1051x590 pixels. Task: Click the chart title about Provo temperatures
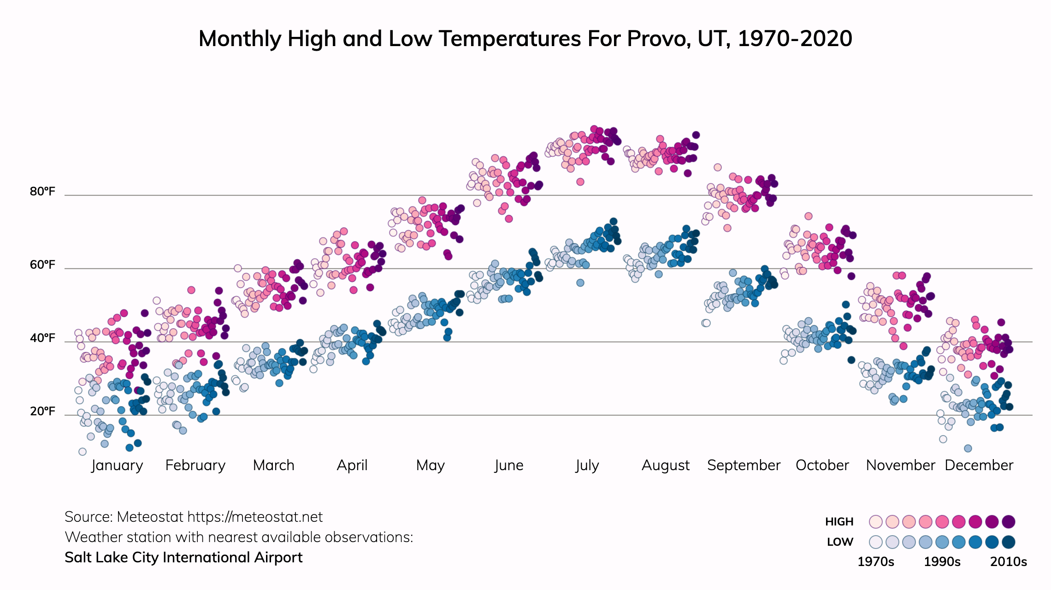point(525,39)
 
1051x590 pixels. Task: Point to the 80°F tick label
point(42,191)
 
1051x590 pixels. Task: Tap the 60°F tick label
point(42,265)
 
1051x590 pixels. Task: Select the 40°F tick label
point(42,338)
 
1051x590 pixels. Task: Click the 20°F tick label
point(42,411)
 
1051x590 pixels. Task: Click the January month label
point(117,465)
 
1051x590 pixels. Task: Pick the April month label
point(352,465)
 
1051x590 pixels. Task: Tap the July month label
point(587,465)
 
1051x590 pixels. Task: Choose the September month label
point(744,465)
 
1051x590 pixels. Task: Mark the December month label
point(979,465)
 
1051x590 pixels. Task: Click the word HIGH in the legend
point(839,522)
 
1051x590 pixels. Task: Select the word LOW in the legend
point(840,542)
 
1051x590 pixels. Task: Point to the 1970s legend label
point(875,562)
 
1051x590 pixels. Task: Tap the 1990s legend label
point(942,562)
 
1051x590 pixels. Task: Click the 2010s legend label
point(1009,562)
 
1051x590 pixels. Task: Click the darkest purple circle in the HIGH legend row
point(1009,522)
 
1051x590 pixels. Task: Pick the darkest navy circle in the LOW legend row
point(1009,542)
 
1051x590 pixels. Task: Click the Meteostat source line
point(194,517)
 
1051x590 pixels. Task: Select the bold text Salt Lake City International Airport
point(183,558)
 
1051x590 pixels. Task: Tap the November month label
point(900,465)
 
